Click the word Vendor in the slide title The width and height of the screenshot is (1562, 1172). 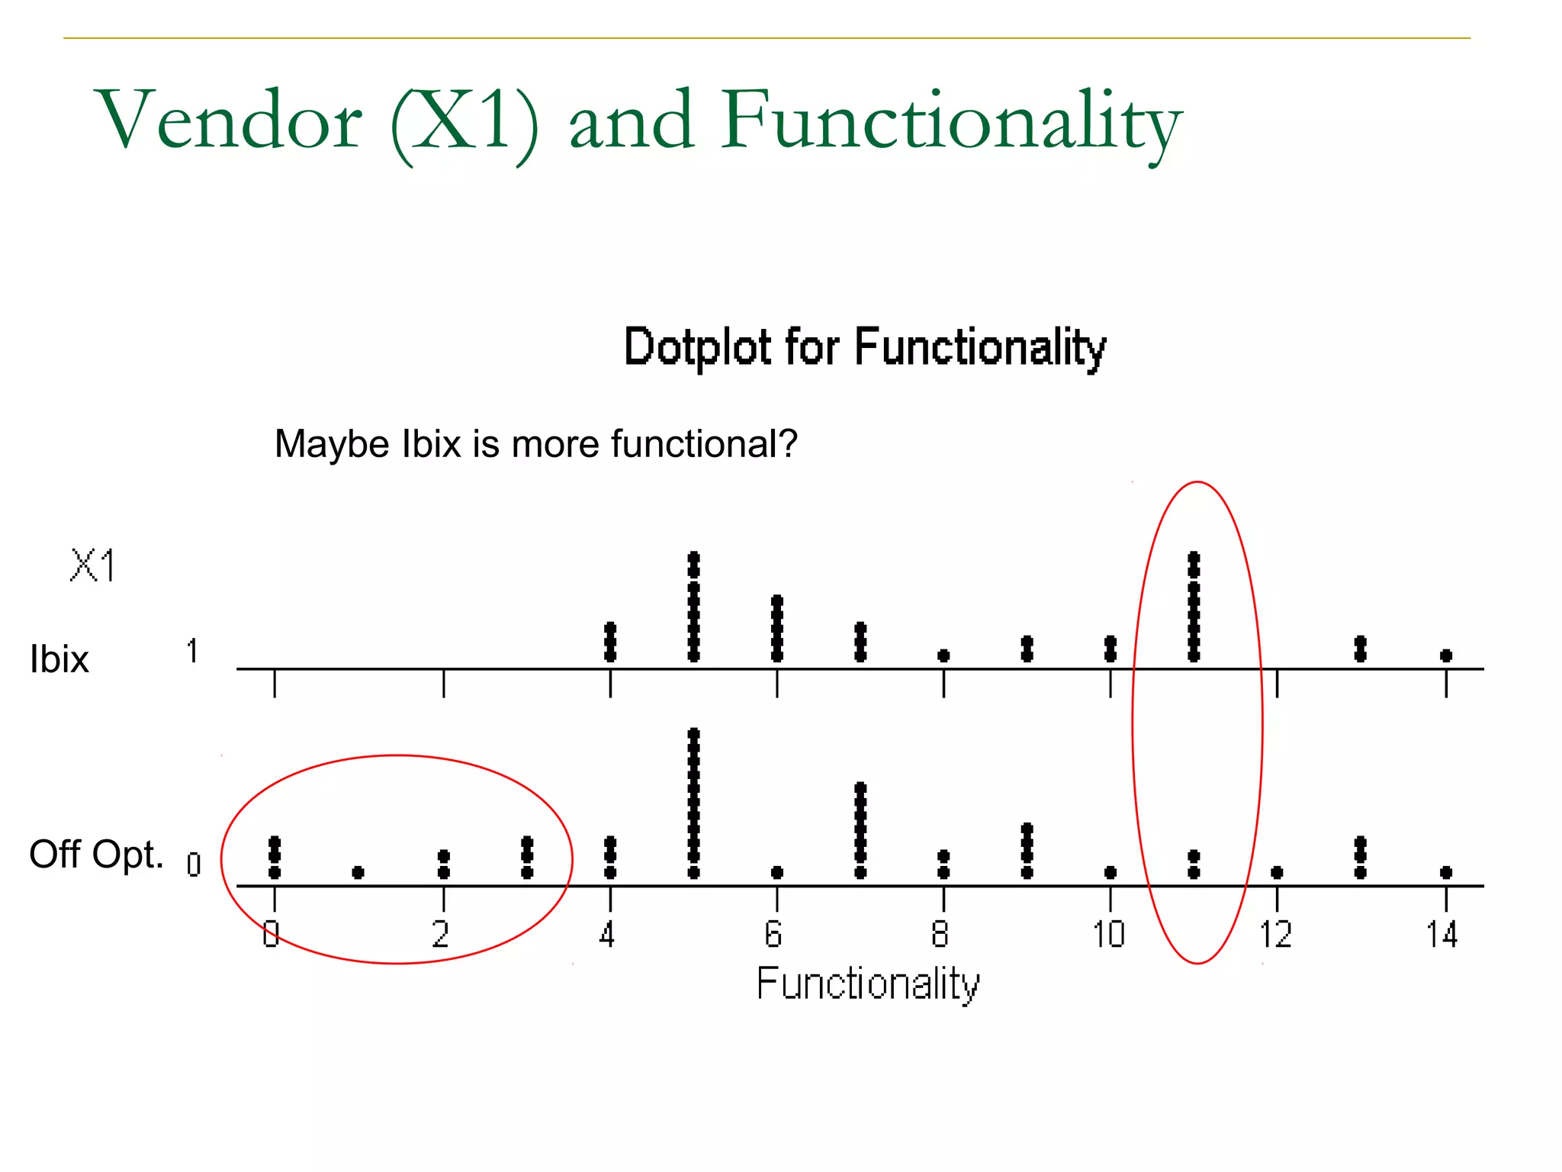pos(229,121)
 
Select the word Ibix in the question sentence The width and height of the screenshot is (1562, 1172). pos(432,444)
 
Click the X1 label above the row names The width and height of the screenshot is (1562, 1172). pos(93,566)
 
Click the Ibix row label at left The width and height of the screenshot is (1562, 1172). pos(59,658)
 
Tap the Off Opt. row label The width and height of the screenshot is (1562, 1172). pos(96,854)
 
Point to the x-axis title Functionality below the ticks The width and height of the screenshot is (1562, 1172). pos(867,984)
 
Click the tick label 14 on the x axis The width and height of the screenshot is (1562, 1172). pos(1441,935)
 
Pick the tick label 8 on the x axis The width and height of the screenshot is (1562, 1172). pos(940,935)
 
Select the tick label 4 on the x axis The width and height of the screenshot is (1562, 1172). pos(607,935)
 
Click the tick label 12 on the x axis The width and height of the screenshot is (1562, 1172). pos(1275,935)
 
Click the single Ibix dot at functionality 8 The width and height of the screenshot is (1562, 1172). pos(943,655)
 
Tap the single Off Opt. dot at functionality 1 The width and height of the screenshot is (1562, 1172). pos(358,872)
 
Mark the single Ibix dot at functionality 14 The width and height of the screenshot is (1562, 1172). pos(1446,655)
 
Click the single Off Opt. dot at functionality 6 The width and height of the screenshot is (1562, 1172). pos(776,872)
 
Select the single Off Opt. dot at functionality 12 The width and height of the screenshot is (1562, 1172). pos(1278,872)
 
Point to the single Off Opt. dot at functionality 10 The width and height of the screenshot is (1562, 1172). pos(1110,872)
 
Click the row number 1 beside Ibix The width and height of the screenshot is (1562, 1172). pos(192,652)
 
